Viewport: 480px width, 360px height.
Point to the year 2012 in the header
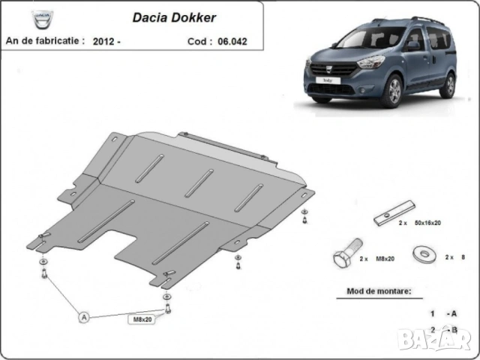coord(104,41)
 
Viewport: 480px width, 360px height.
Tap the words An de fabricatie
coord(44,40)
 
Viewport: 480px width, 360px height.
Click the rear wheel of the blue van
coord(447,85)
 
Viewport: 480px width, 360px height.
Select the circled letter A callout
coord(84,317)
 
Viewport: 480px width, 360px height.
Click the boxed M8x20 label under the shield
coord(142,319)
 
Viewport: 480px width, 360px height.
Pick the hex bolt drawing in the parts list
coord(347,256)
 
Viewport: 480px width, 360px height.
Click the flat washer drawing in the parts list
coord(424,254)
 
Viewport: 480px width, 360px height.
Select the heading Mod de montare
coord(379,289)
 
